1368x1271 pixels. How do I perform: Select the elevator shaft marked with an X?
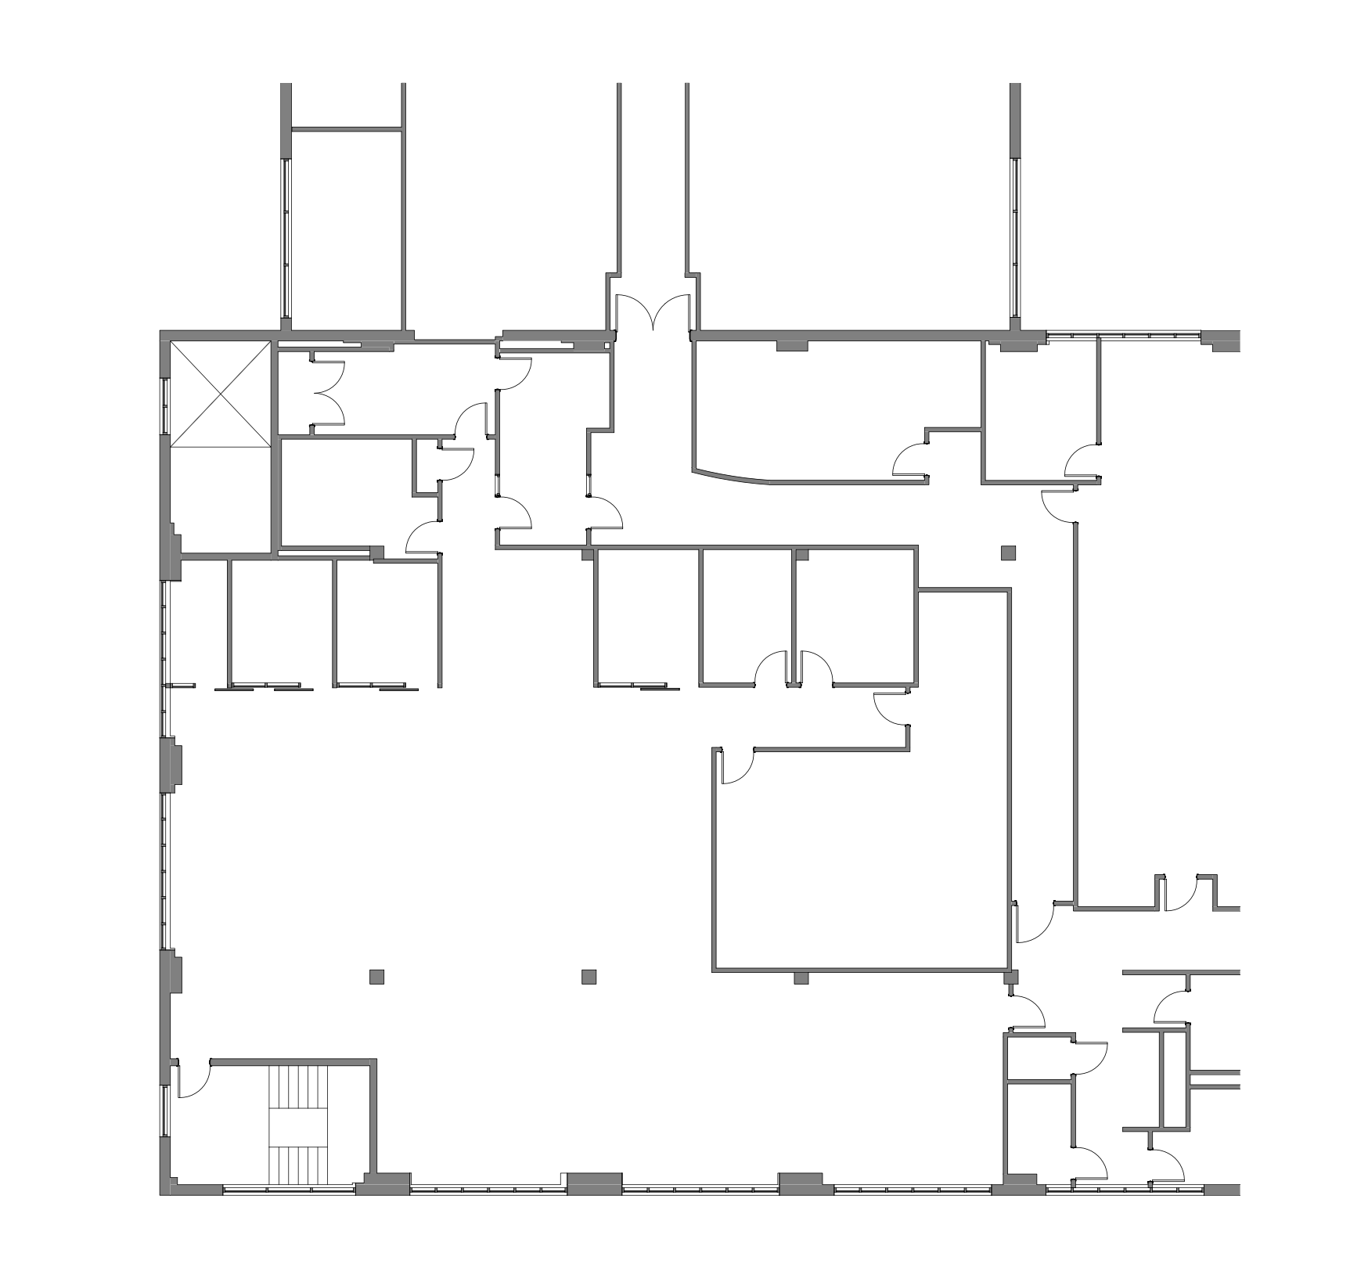click(x=220, y=394)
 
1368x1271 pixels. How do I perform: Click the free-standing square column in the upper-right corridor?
click(x=1008, y=553)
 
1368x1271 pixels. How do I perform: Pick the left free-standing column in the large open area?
click(x=376, y=976)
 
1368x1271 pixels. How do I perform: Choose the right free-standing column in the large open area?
click(x=589, y=976)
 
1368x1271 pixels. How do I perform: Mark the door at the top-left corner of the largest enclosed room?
click(x=736, y=765)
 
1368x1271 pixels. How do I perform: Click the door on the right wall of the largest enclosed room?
click(x=1033, y=922)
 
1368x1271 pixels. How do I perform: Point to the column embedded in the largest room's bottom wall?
click(x=801, y=978)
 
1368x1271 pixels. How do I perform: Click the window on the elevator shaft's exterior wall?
click(x=165, y=405)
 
